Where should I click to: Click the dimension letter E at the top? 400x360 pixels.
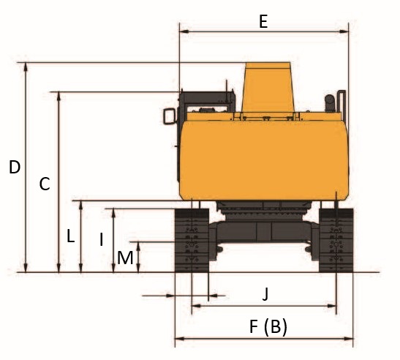(x=263, y=21)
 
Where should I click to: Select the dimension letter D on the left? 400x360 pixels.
(x=15, y=168)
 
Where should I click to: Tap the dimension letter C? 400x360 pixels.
(x=45, y=184)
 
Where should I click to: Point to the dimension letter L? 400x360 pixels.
(x=70, y=236)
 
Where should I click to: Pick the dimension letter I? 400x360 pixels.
(x=102, y=239)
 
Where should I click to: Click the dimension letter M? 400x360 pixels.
(x=125, y=258)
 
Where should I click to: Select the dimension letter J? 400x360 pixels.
(x=265, y=293)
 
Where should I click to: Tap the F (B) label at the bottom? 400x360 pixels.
(x=268, y=327)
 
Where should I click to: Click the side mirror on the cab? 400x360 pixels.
(x=170, y=116)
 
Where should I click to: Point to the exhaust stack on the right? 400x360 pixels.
(x=330, y=103)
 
